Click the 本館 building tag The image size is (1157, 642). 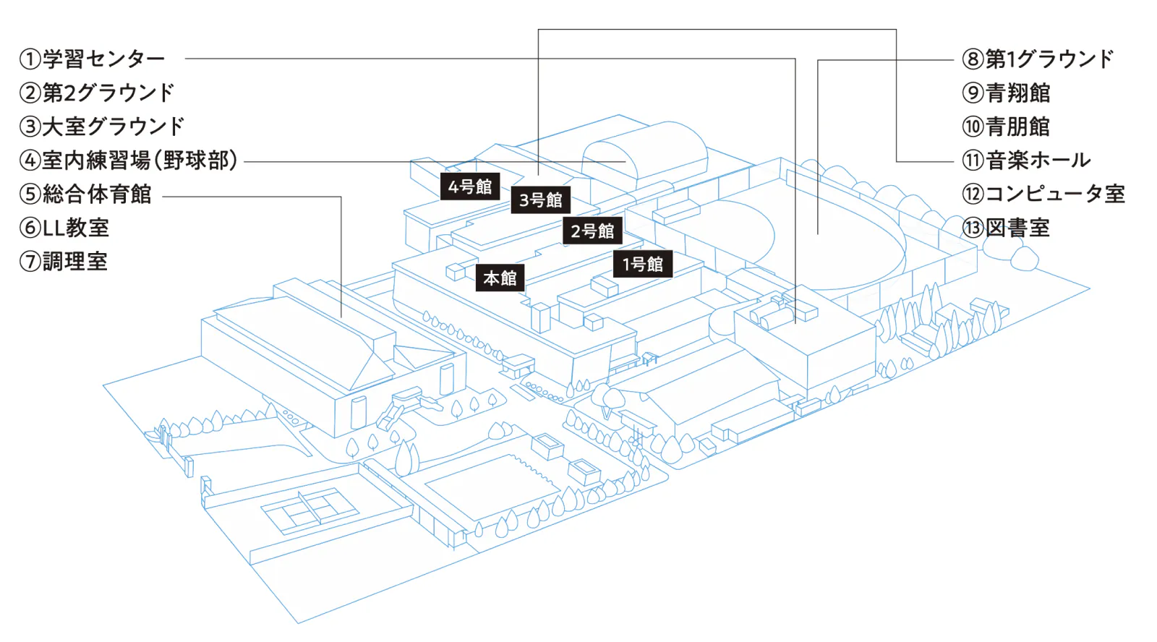click(500, 278)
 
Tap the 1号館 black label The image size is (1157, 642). click(643, 264)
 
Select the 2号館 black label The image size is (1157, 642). click(592, 231)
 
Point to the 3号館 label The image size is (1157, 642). click(541, 200)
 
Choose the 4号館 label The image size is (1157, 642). click(470, 186)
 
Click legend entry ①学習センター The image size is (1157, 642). click(92, 59)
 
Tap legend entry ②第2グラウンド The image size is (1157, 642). click(97, 93)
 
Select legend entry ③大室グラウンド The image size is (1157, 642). click(102, 127)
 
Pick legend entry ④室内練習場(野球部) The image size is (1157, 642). click(129, 160)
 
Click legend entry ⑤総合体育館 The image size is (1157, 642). click(85, 194)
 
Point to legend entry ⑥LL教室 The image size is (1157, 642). click(64, 228)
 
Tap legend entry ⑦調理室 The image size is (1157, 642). click(64, 261)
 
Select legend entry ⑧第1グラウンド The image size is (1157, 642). click(1038, 59)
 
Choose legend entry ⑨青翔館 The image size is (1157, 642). click(1006, 93)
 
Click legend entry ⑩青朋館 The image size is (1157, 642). click(1006, 127)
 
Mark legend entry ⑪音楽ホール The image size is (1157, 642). click(1026, 160)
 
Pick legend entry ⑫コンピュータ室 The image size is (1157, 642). click(1043, 194)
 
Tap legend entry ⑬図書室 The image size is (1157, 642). click(1006, 228)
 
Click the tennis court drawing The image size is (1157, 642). click(310, 510)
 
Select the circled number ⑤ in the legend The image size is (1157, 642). click(30, 194)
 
